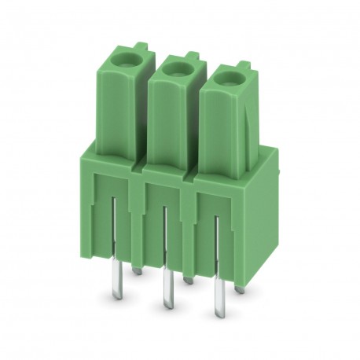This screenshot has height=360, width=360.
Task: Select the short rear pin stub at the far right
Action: (239, 289)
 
